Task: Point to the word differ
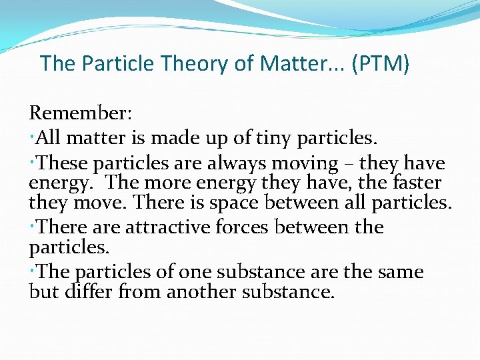click(89, 291)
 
